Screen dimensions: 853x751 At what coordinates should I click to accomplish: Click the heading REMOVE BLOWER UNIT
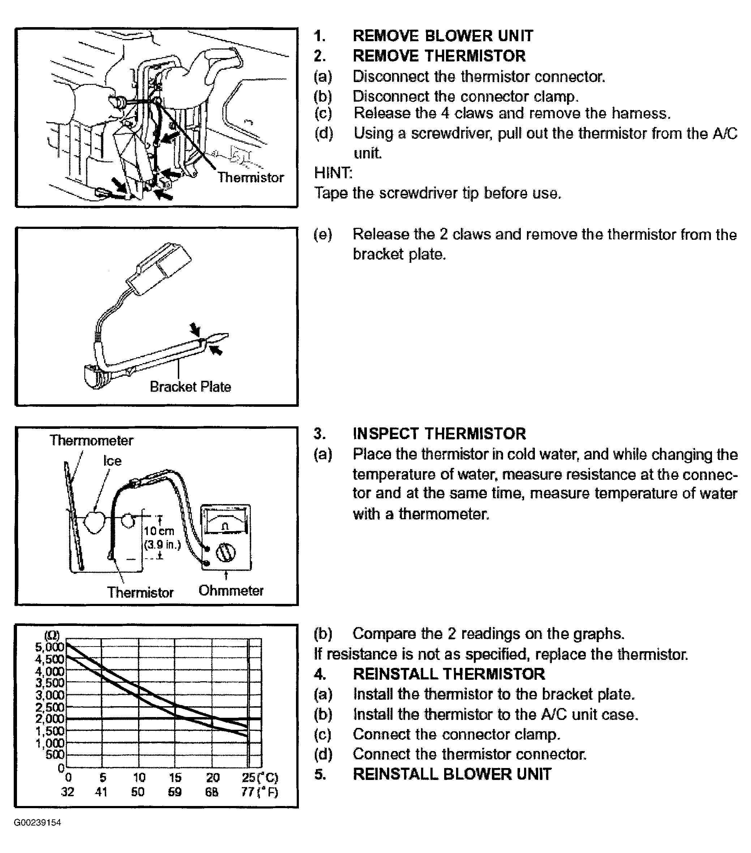click(442, 36)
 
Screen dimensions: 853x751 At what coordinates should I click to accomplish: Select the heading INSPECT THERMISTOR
click(439, 434)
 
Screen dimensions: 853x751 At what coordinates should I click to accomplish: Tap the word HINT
click(333, 172)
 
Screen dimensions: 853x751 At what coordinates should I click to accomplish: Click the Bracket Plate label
click(190, 387)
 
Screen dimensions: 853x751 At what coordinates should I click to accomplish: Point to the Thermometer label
click(91, 440)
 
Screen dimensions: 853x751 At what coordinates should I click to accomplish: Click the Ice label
click(112, 461)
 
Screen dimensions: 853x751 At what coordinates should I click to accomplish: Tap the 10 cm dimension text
click(159, 531)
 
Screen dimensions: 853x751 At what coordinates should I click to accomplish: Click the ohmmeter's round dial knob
click(226, 553)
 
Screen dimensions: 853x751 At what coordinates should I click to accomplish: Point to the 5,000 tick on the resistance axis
click(50, 647)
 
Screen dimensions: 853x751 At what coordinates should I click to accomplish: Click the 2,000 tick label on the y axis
click(50, 718)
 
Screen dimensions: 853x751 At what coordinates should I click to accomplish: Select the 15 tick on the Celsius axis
click(175, 777)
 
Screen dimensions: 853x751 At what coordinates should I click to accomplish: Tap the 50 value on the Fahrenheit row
click(138, 792)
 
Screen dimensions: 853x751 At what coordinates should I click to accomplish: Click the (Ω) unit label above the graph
click(52, 636)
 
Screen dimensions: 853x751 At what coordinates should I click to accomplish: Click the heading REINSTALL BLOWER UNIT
click(452, 774)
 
